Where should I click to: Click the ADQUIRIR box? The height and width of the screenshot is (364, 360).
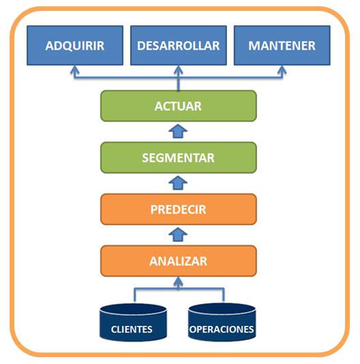tap(74, 46)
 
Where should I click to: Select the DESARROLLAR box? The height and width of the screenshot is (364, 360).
tap(178, 46)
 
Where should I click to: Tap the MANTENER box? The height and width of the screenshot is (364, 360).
tap(282, 46)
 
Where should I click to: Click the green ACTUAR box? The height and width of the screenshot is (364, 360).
tap(178, 106)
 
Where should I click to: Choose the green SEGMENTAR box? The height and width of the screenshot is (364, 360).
tap(178, 157)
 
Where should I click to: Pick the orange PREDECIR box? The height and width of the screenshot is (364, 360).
tap(178, 209)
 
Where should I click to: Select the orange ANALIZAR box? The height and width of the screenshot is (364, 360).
tap(178, 260)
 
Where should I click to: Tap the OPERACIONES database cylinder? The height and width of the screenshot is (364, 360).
tap(222, 322)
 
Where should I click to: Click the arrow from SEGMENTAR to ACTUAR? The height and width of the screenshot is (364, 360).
tap(178, 132)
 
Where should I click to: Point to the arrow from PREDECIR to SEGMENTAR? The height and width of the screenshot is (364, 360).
tap(178, 183)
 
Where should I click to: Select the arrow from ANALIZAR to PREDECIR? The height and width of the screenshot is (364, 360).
tap(178, 234)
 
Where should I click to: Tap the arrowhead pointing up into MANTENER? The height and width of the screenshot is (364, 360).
tap(282, 70)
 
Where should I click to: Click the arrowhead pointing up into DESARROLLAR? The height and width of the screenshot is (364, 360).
tap(178, 70)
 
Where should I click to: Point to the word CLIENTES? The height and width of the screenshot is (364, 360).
tap(132, 330)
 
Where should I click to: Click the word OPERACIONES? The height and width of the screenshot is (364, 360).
tap(222, 330)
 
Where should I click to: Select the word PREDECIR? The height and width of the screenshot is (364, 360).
tap(178, 209)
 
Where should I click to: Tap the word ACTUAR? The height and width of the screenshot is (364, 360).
tap(178, 106)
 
